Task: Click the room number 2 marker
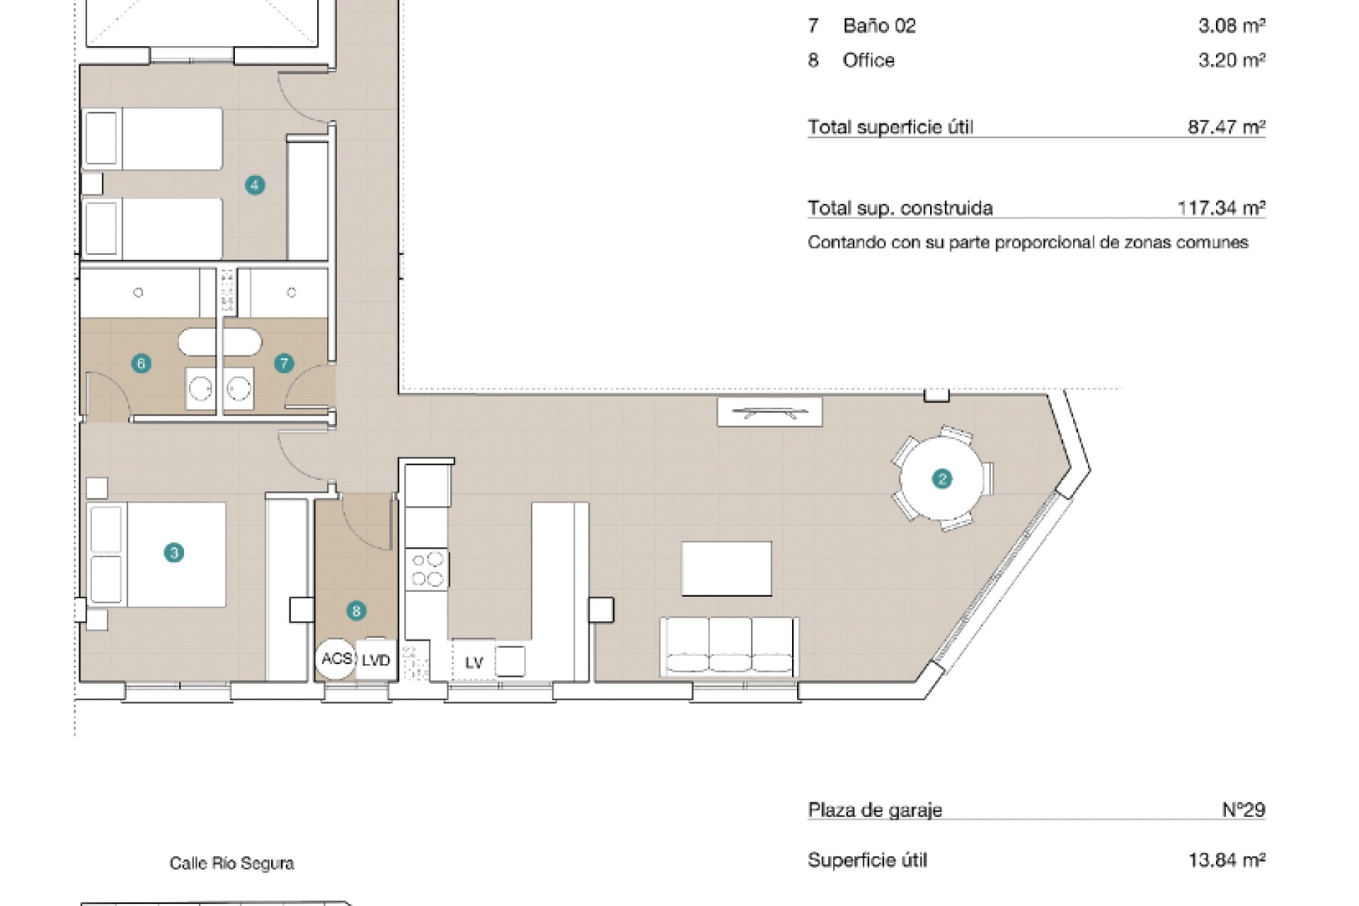942,479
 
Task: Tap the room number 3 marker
174,552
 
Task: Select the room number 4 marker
255,185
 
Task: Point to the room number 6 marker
142,364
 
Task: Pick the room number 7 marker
284,364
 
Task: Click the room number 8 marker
356,611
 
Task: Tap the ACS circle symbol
336,659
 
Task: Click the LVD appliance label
376,660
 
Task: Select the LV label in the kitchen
474,663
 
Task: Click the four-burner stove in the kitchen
427,570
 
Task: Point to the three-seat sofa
729,647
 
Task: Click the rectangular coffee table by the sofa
726,569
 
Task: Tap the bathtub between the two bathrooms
219,342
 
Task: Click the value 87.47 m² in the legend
1226,127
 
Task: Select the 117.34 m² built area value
1221,207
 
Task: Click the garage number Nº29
1244,809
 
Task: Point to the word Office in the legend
868,60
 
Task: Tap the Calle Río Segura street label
231,864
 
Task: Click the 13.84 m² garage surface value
1227,860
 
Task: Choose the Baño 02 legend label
879,25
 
